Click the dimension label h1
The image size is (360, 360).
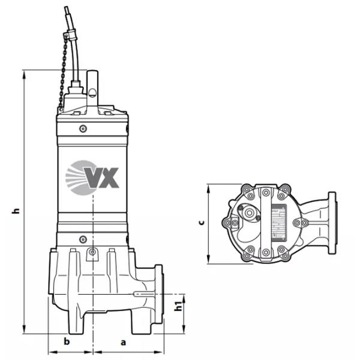[x=178, y=306]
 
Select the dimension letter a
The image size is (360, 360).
[x=123, y=343]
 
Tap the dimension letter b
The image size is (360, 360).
[x=67, y=341]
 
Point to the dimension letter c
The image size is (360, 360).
[x=202, y=223]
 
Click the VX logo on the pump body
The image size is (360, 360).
[x=92, y=178]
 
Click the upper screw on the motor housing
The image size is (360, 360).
[x=83, y=128]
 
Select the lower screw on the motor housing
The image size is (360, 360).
[x=83, y=239]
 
